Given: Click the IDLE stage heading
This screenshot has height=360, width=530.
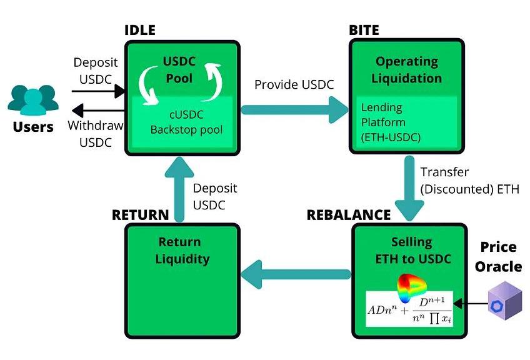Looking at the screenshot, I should pos(140,31).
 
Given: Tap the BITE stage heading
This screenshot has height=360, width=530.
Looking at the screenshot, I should pos(364,31).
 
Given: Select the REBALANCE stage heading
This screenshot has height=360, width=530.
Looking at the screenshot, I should pos(348,215).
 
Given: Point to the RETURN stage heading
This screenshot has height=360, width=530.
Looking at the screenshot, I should pos(140,215).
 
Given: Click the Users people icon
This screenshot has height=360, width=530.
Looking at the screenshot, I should pos(33,100).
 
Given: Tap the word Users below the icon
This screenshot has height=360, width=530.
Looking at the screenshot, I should pos(33,127).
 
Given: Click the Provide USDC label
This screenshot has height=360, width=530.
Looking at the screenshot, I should pos(294,84).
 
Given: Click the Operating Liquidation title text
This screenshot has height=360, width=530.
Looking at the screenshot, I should pos(406,70).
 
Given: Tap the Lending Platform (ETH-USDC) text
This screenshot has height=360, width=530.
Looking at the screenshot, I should pos(391,122).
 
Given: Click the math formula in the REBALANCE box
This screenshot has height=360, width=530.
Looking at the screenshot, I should pos(409,309).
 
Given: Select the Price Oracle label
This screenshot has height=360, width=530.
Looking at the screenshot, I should pos(497,257).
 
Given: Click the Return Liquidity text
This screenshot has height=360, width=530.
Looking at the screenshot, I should pos(179,250).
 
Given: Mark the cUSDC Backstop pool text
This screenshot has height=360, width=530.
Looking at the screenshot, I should pos(181,123).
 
